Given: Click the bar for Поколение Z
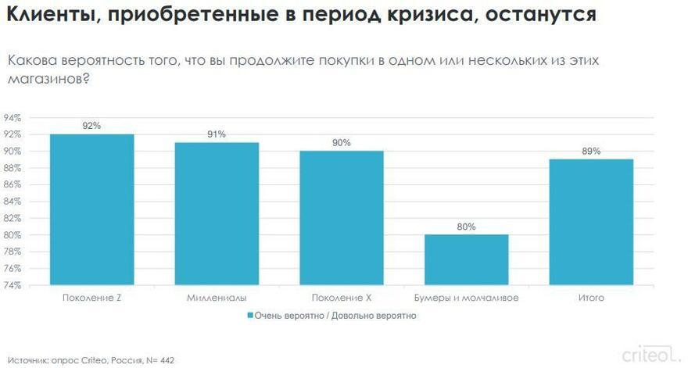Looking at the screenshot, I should coord(92,209).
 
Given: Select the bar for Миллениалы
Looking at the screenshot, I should coord(217,213).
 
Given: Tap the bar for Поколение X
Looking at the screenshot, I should coord(342,217).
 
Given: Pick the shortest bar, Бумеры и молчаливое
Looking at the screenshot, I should coord(467,259).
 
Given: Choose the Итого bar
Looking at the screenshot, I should coord(591,222).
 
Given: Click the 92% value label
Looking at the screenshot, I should coord(92,125).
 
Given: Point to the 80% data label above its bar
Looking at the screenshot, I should coord(467,227).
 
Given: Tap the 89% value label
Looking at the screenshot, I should coord(591,151).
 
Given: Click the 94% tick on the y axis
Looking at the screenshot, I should coord(12,118).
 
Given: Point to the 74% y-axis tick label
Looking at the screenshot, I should coord(12,285).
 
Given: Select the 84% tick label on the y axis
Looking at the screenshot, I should coord(12,202).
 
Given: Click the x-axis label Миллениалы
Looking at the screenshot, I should coord(217,298).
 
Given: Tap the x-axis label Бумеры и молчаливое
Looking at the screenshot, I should coord(467,298).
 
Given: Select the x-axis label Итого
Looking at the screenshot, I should coord(591,298).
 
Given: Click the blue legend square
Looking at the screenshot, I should coord(250,316).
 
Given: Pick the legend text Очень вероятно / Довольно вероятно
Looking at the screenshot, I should coord(336,316).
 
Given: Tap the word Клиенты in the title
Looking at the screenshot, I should coord(48,15).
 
